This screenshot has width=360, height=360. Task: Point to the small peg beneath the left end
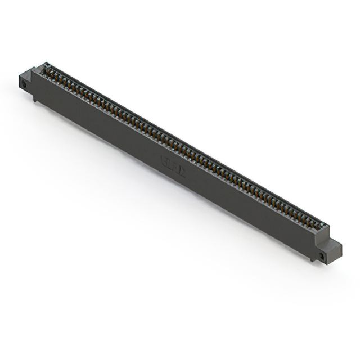(35, 99)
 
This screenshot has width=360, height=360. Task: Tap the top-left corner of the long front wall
(32, 72)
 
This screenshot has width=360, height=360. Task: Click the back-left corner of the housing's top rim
(44, 65)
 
